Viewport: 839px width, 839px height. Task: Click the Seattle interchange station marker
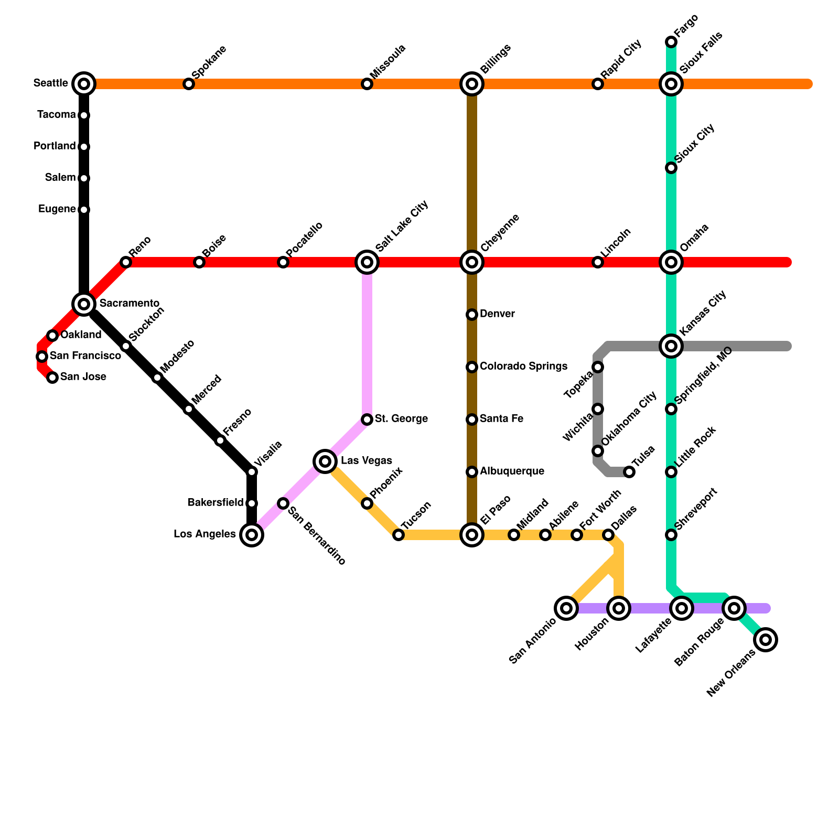point(84,83)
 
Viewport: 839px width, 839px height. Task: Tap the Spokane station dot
point(189,84)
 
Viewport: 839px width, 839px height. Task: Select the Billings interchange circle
point(472,83)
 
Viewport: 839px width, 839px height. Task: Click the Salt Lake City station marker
point(367,262)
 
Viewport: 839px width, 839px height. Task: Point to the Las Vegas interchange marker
point(325,461)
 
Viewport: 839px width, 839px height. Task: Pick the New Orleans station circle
point(766,640)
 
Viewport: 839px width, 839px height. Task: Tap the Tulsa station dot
point(629,472)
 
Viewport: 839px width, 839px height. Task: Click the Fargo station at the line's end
point(671,42)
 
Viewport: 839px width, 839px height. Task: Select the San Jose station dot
point(52,378)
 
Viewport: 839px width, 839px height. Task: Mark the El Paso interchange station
point(472,535)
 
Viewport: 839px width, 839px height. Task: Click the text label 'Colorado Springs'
point(523,366)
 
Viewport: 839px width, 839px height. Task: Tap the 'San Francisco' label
point(85,356)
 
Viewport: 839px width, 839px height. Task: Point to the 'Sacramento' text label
point(129,304)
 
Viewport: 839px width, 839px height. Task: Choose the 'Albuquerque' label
point(512,471)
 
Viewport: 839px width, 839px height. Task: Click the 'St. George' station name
point(401,419)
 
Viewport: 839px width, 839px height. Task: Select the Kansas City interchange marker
point(671,346)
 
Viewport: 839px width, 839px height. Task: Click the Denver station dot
point(472,315)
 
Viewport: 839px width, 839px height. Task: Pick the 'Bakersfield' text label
point(216,503)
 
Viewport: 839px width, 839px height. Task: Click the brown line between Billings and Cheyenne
point(472,173)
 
